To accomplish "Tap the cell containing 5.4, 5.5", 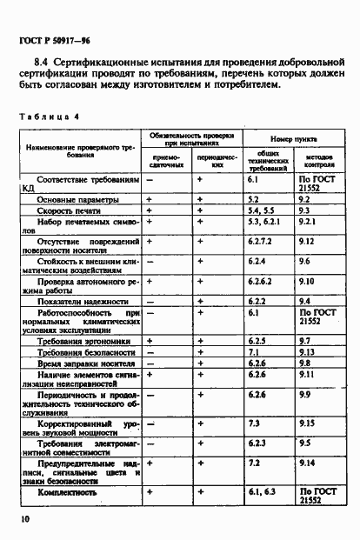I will [260, 210].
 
